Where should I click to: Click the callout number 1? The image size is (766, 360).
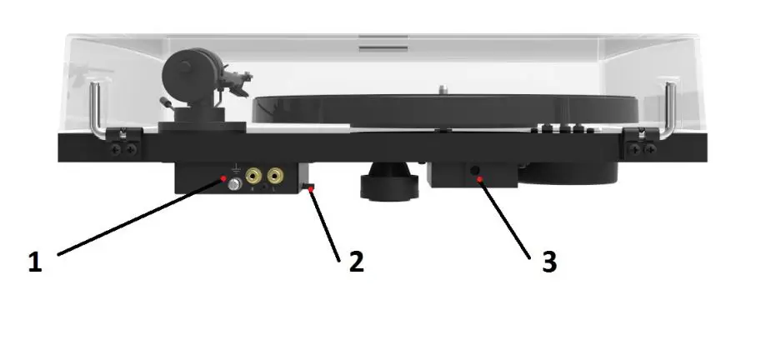(34, 262)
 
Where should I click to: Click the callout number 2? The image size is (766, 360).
(356, 261)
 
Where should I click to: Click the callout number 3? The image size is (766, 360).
(548, 262)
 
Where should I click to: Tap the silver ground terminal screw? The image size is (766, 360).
(235, 185)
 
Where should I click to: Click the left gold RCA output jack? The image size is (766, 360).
(253, 177)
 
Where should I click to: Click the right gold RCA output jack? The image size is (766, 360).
(273, 177)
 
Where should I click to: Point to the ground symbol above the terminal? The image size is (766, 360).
(236, 168)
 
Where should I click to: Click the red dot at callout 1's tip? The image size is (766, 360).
(223, 178)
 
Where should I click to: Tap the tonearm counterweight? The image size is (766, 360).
(185, 75)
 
